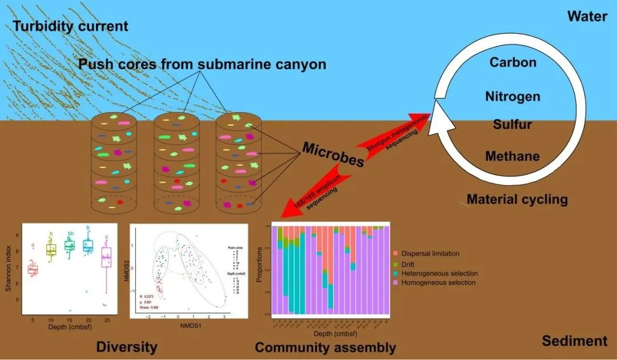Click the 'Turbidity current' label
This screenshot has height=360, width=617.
[71, 26]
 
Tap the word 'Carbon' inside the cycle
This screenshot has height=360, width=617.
[513, 62]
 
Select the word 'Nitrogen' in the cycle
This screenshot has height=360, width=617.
[512, 97]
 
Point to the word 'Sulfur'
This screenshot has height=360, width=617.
[512, 125]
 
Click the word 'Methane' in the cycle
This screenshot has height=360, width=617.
[512, 156]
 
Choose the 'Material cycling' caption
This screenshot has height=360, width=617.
[517, 199]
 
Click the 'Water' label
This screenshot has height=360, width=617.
[587, 16]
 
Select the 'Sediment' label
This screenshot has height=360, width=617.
[574, 341]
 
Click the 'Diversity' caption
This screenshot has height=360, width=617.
[127, 347]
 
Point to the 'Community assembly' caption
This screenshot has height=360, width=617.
[325, 347]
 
